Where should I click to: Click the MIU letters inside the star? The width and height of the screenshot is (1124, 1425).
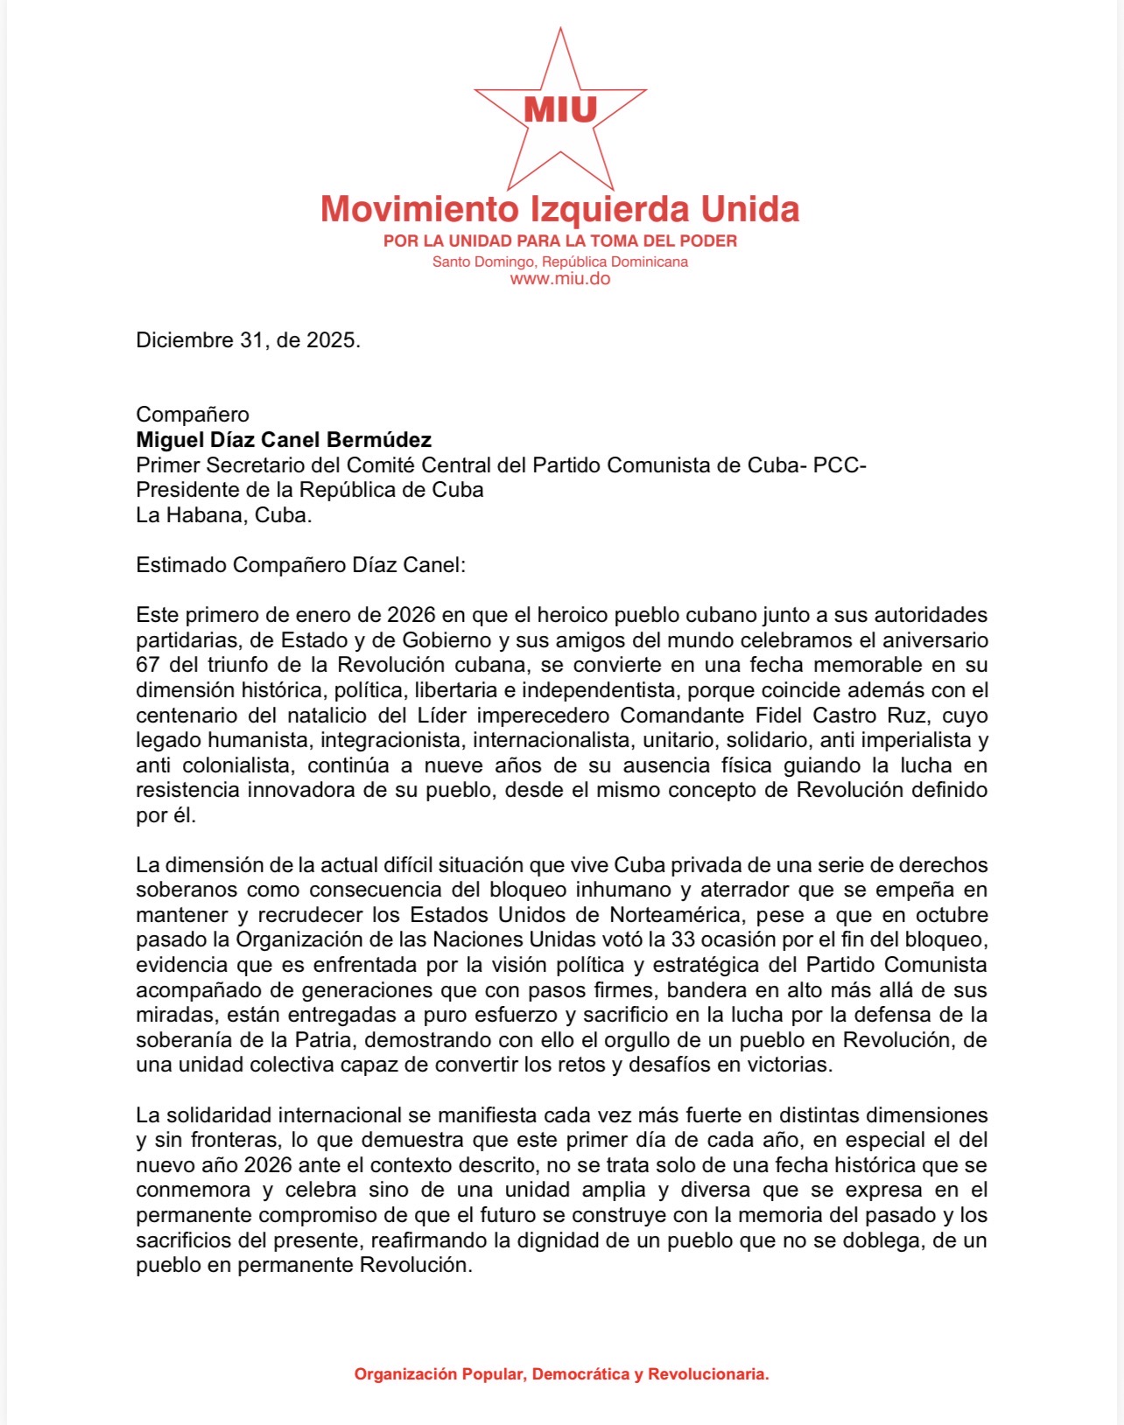[x=560, y=110]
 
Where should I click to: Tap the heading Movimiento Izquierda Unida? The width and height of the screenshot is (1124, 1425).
[x=560, y=210]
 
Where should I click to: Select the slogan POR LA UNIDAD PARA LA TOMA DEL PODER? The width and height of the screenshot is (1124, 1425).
[x=560, y=241]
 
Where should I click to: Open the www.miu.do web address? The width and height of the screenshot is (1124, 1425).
[x=560, y=279]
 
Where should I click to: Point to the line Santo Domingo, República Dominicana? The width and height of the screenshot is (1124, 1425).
[x=560, y=262]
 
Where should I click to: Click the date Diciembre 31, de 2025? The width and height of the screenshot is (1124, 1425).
[x=248, y=340]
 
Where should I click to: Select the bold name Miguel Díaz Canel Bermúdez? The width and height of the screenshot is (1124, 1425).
[x=284, y=440]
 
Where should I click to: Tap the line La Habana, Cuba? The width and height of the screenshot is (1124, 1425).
[x=224, y=515]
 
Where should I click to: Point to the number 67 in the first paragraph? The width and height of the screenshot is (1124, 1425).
[x=147, y=665]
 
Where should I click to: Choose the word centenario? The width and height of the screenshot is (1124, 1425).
[x=186, y=716]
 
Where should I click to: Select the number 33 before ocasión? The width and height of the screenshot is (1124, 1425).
[x=684, y=940]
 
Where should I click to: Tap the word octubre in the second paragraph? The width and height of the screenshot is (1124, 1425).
[x=952, y=915]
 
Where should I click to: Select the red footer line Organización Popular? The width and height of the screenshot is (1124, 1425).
[x=561, y=1374]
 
